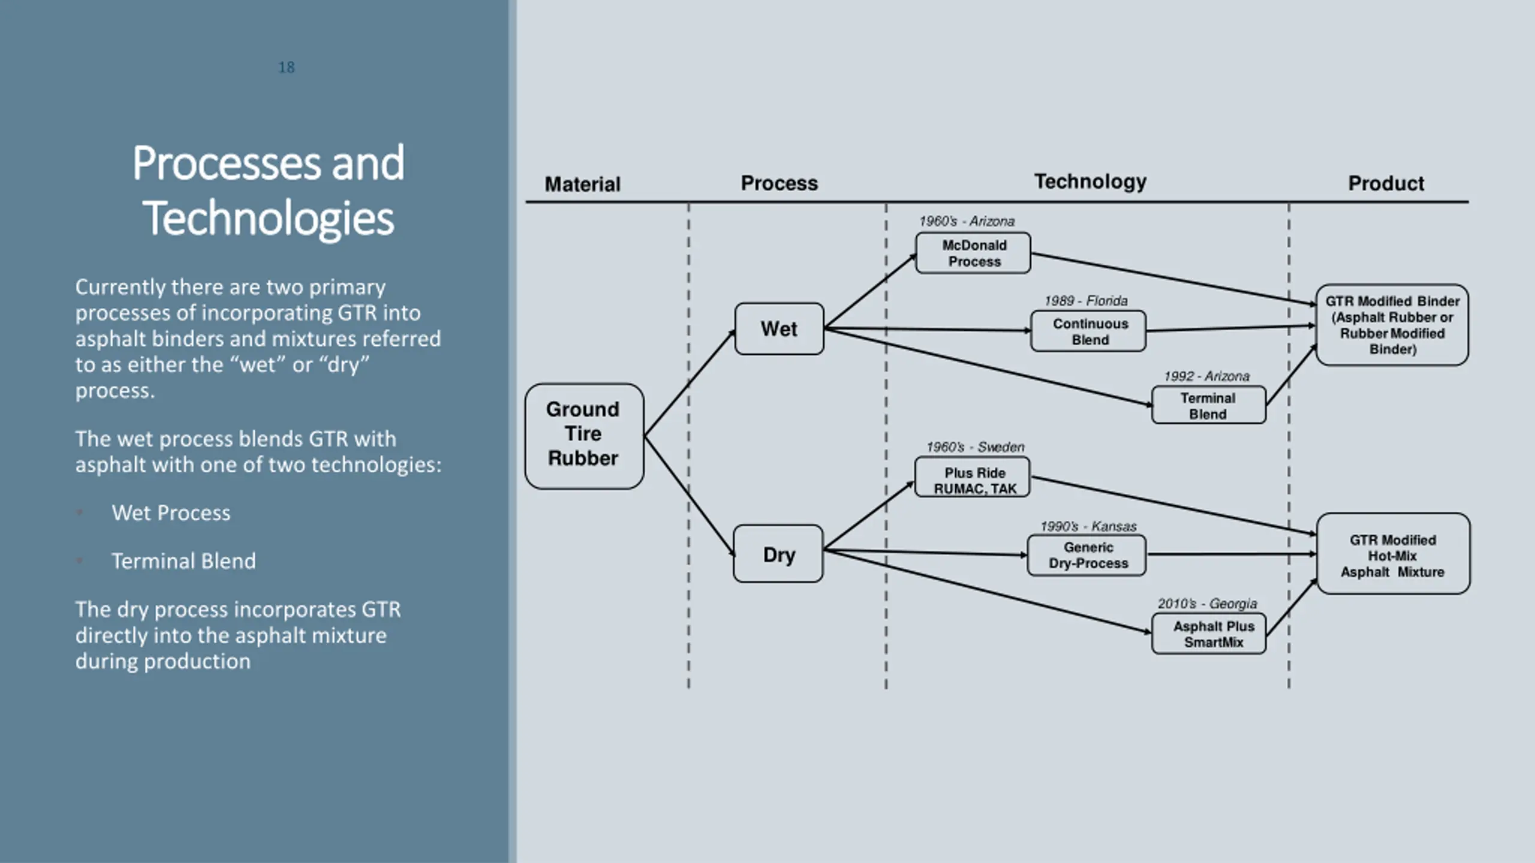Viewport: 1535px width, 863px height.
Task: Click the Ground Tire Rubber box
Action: pos(584,436)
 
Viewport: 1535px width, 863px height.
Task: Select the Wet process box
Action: pos(779,328)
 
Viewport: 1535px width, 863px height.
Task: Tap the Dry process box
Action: pos(778,554)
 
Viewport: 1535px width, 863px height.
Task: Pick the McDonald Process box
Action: pos(973,253)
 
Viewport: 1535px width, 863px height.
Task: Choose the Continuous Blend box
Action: pos(1088,331)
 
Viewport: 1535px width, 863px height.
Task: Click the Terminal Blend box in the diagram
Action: pos(1209,405)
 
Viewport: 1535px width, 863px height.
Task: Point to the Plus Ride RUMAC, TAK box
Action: pos(973,477)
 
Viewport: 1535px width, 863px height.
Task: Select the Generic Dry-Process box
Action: pos(1086,556)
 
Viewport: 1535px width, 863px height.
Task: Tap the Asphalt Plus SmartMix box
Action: pos(1209,633)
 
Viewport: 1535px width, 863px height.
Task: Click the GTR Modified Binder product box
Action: pos(1392,325)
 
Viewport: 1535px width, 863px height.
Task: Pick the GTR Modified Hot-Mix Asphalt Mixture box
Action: pos(1393,554)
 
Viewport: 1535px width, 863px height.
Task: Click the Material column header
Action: pos(582,184)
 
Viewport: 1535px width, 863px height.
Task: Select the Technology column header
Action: pos(1090,182)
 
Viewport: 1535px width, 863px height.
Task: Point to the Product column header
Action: pos(1386,183)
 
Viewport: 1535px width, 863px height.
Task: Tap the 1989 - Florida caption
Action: pos(1086,301)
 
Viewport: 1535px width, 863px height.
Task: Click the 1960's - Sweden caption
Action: pos(975,447)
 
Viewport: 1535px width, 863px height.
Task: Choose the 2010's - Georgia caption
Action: pos(1207,604)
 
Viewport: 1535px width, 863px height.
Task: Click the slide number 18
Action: pos(287,67)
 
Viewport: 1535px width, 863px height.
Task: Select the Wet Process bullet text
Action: pos(171,513)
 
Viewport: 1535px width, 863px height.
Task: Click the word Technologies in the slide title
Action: pos(268,218)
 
